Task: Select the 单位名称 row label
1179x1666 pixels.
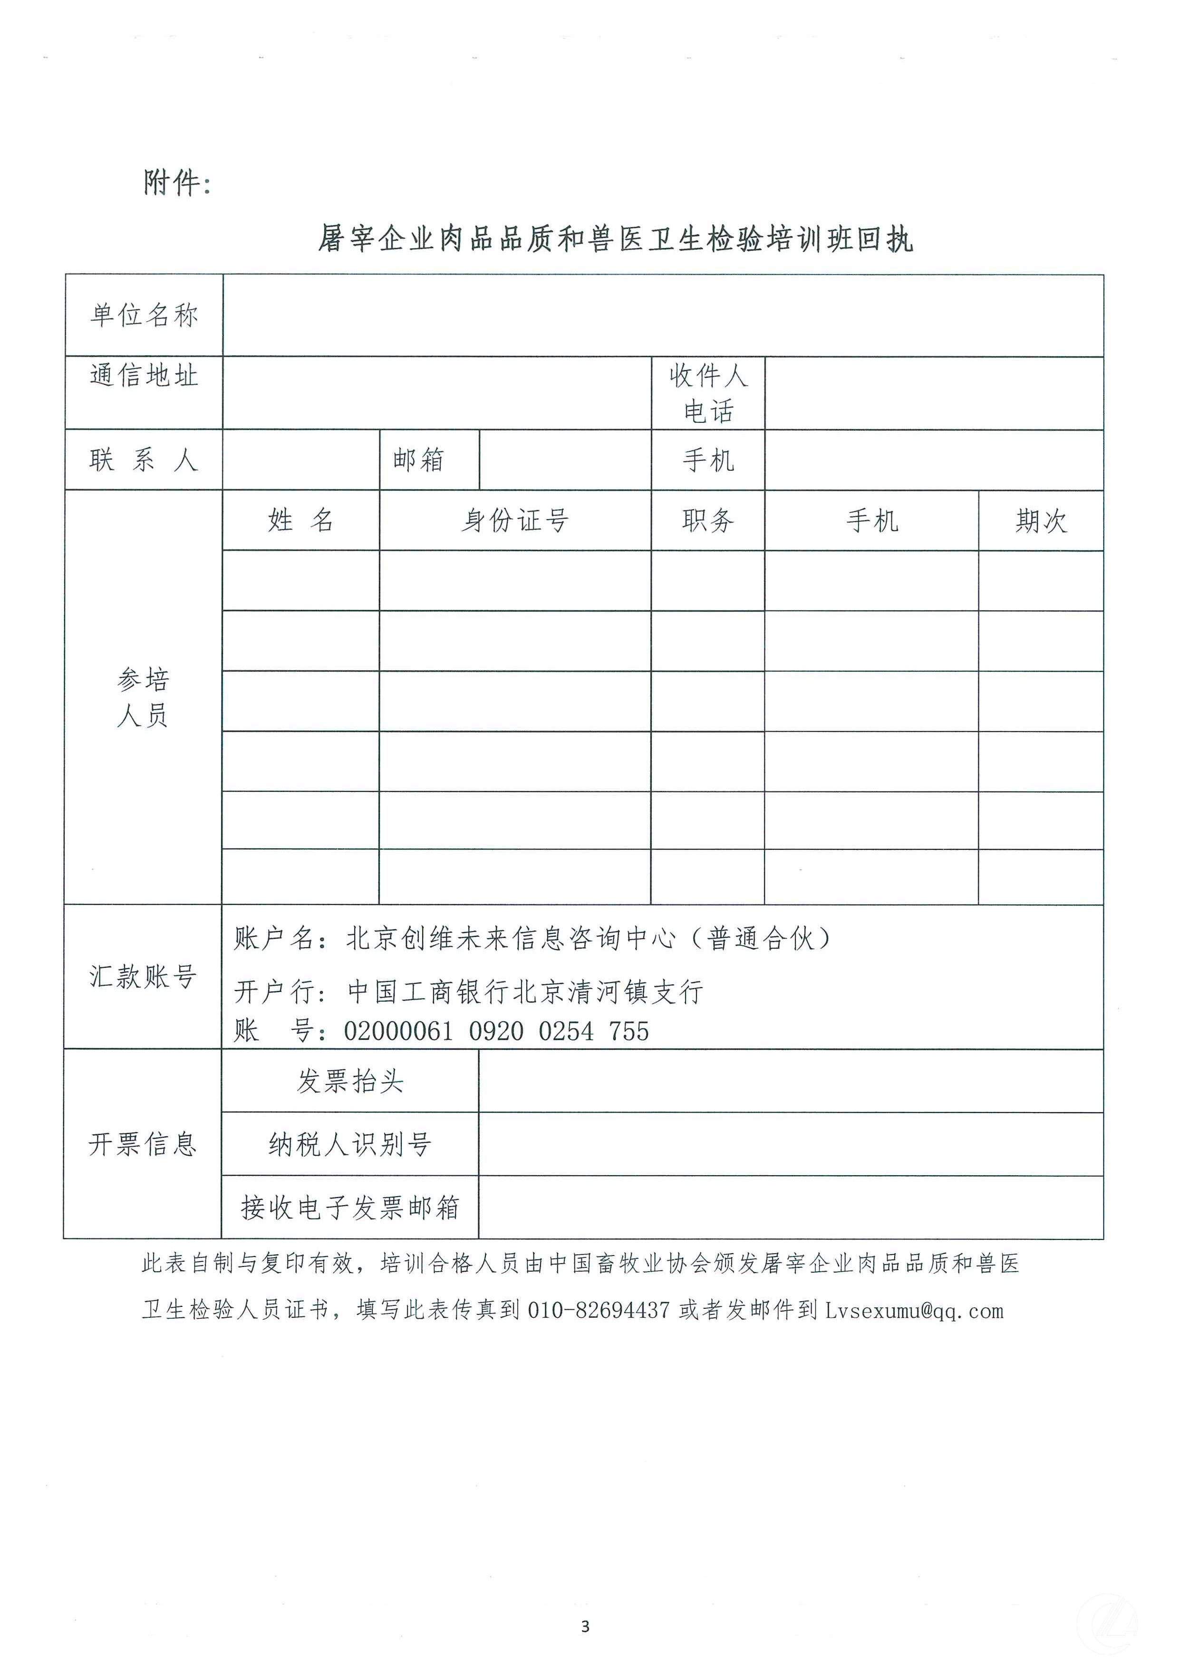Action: pos(144,315)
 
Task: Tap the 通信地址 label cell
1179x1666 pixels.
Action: pos(144,376)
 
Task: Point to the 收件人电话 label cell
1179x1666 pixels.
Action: pos(708,393)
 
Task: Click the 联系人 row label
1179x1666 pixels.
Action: pos(144,460)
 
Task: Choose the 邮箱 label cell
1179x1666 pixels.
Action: pos(418,460)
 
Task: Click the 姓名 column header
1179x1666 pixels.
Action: pos(300,520)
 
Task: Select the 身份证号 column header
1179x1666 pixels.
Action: pos(515,520)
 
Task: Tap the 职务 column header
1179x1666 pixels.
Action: pos(708,520)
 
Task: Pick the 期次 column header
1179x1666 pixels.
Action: pos(1041,520)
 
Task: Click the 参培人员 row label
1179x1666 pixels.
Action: pos(143,697)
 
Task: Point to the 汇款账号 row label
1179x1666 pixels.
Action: pos(143,977)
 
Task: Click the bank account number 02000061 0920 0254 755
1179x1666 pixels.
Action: pos(497,1031)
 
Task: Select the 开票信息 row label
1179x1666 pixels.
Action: pos(143,1144)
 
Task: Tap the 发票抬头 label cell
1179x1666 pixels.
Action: pos(350,1081)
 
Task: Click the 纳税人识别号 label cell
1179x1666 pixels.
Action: pos(350,1144)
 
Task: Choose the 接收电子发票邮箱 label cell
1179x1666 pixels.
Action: pos(350,1208)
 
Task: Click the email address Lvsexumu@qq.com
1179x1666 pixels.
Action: pos(914,1311)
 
